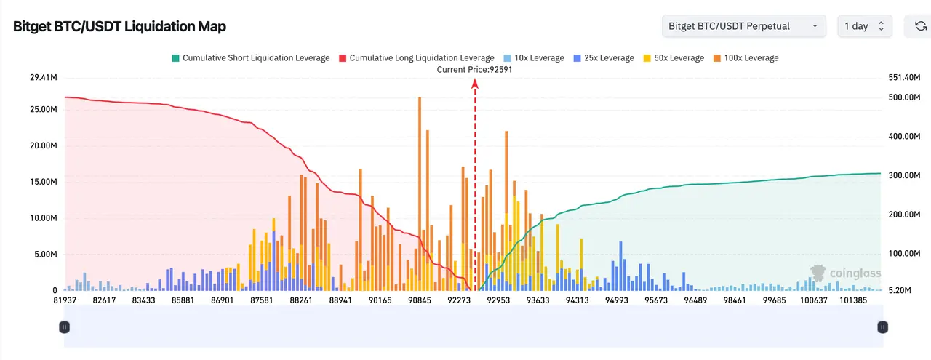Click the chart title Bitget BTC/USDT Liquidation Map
(x=119, y=27)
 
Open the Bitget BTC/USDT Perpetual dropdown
(x=743, y=26)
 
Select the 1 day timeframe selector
(x=863, y=26)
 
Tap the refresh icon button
(x=920, y=26)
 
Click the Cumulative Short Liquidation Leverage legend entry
(x=250, y=57)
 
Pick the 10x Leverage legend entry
(x=534, y=57)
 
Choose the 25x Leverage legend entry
(x=603, y=57)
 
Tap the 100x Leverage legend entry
(x=745, y=57)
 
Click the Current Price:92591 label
(x=475, y=69)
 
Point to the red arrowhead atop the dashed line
(x=475, y=84)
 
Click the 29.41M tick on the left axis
(x=43, y=77)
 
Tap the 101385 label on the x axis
(x=853, y=300)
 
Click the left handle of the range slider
(x=65, y=327)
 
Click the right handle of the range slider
(x=882, y=327)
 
